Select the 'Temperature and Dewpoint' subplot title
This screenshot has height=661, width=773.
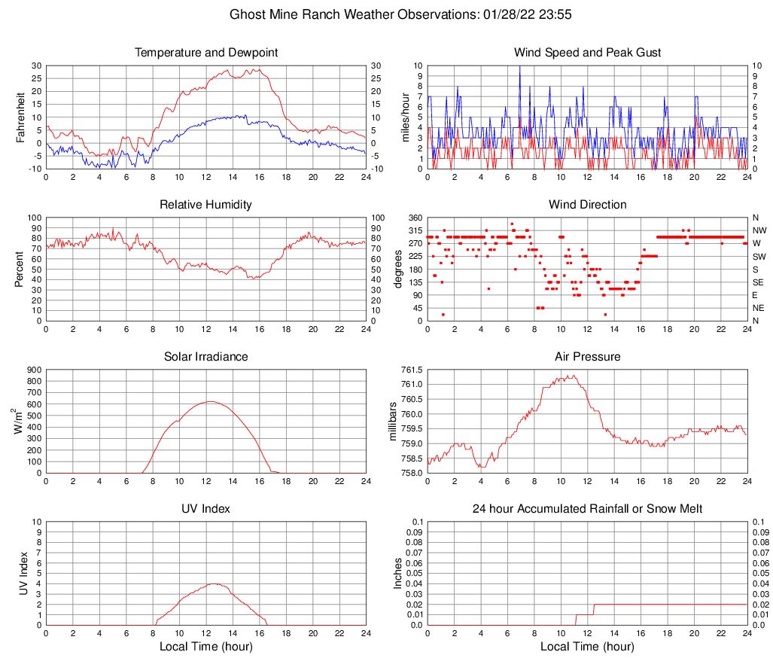[x=206, y=53]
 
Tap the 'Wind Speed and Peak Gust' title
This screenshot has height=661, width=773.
[x=587, y=53]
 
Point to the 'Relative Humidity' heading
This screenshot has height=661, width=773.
[x=206, y=205]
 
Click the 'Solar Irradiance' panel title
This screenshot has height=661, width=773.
[x=206, y=357]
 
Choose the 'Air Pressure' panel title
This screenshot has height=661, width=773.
[x=587, y=357]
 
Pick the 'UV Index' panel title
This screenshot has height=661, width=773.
[x=206, y=509]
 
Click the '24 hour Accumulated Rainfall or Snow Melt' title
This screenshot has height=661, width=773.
[x=587, y=509]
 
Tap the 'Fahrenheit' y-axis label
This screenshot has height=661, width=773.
[x=20, y=117]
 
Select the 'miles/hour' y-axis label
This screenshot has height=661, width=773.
[x=405, y=117]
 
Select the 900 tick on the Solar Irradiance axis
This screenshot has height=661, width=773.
[x=32, y=370]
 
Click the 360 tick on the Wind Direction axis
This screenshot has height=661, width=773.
[x=413, y=218]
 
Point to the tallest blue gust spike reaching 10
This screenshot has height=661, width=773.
[x=519, y=67]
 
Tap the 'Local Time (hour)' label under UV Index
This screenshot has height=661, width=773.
[x=206, y=647]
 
